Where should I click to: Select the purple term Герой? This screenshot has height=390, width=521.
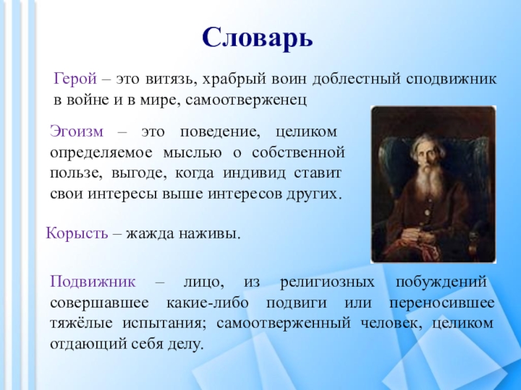point(76,79)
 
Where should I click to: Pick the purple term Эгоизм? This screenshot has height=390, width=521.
point(77,132)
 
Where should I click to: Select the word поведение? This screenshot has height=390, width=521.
point(220,133)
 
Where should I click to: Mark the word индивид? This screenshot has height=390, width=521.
point(254,173)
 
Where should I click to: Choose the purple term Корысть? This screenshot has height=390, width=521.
point(77,233)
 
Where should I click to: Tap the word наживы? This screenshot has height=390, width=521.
point(210,234)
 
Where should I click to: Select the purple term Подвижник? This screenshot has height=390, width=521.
point(93,282)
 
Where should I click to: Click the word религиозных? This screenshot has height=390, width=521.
point(328,283)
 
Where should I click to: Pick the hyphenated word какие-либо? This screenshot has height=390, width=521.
point(207,303)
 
